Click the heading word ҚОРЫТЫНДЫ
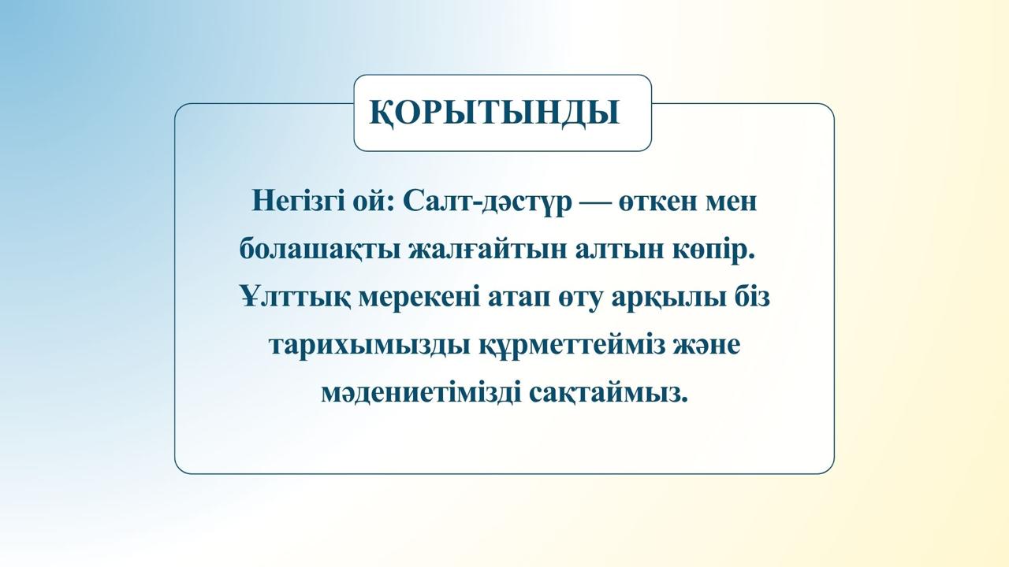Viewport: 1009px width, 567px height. click(x=494, y=113)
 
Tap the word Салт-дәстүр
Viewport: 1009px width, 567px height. click(x=487, y=202)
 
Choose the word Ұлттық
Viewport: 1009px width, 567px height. click(x=295, y=298)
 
